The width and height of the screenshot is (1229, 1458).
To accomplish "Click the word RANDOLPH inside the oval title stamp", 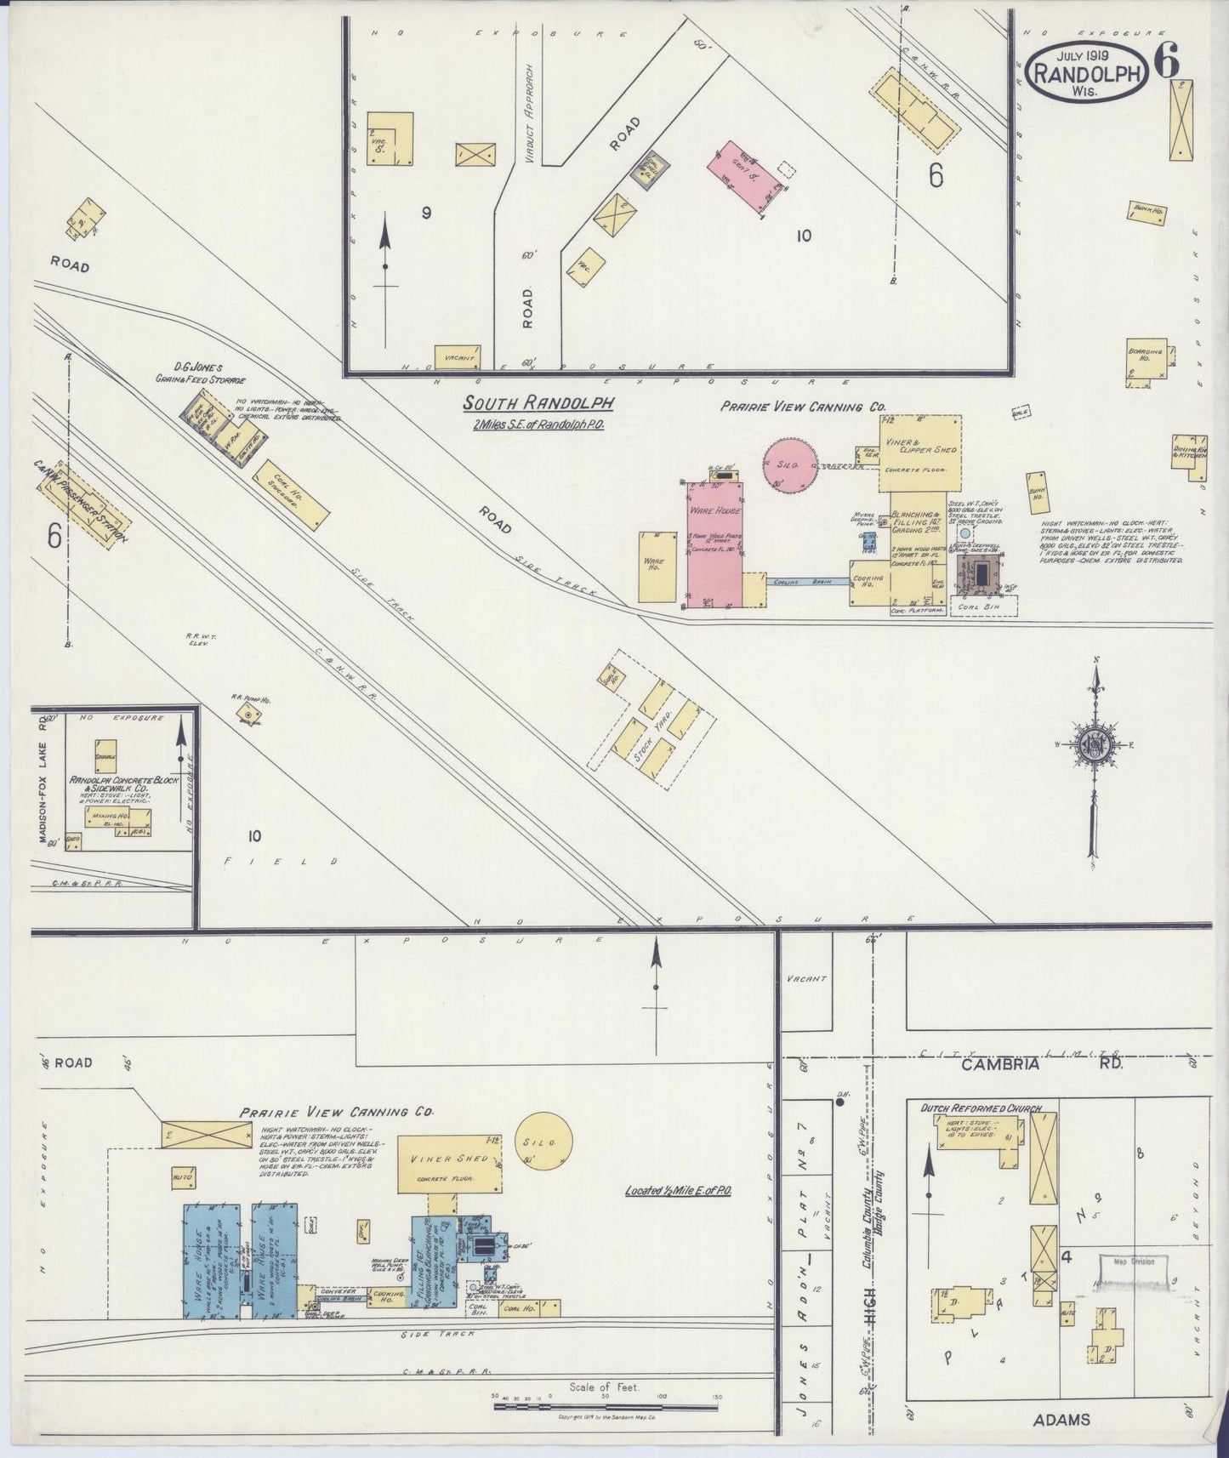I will (1086, 74).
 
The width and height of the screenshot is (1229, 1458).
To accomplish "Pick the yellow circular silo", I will (545, 1142).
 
